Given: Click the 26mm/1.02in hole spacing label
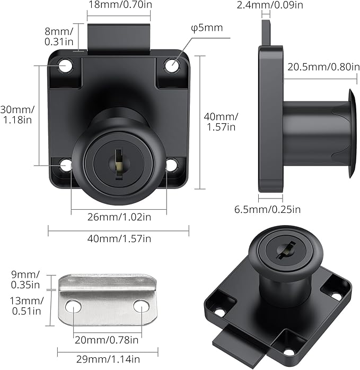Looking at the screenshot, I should click(119, 217).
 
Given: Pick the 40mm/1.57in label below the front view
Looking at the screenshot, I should click(119, 239).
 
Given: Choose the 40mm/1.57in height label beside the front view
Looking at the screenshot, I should click(222, 122).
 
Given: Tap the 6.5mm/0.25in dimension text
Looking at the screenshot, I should click(268, 209).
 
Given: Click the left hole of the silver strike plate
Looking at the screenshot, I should click(74, 306).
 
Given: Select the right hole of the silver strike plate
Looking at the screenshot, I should click(141, 306).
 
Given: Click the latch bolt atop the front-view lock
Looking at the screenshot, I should click(119, 38).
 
